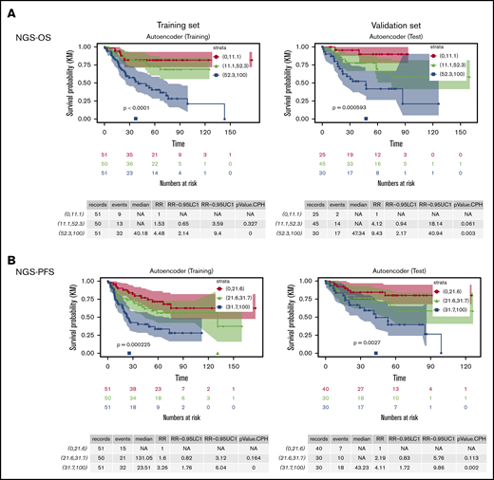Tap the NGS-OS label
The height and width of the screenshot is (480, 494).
[28, 35]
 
